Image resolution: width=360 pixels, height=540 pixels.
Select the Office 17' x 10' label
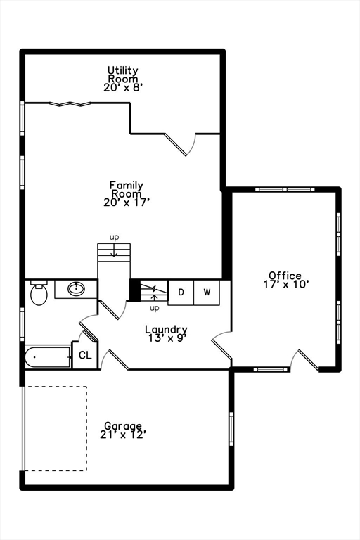click(x=285, y=280)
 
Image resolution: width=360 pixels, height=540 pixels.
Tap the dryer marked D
click(x=181, y=292)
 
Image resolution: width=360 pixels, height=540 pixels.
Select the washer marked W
click(x=207, y=292)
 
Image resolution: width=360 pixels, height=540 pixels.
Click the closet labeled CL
click(x=85, y=356)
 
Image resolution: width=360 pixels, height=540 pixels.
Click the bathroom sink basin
click(x=75, y=288)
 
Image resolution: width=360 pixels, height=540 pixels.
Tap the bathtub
click(x=48, y=358)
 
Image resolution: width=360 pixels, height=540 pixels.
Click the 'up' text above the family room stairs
click(x=114, y=237)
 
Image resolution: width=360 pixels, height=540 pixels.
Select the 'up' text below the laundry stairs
click(x=154, y=308)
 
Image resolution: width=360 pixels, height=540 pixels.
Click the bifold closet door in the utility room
click(x=70, y=104)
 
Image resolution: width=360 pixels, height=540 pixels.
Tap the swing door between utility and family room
click(x=184, y=143)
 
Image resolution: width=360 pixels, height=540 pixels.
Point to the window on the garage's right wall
click(x=231, y=429)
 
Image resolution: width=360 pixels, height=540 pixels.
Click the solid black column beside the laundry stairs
click(x=135, y=290)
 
